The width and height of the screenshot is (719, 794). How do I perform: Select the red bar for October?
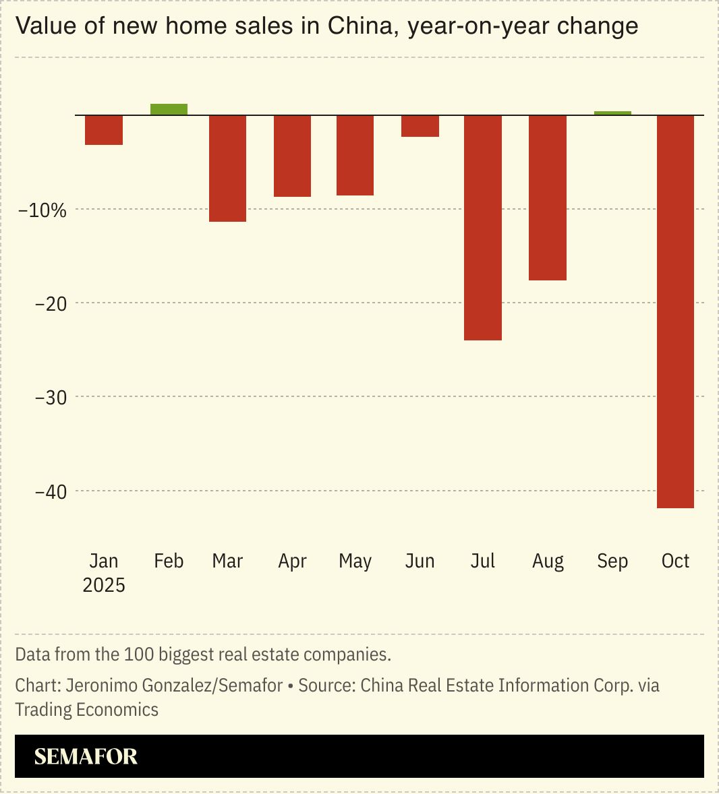click(x=675, y=311)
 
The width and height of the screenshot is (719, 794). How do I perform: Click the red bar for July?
click(x=483, y=228)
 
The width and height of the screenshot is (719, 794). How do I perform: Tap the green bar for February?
click(x=169, y=109)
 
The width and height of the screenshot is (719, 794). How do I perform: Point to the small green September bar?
click(x=612, y=113)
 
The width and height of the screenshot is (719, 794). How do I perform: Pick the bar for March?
click(x=227, y=169)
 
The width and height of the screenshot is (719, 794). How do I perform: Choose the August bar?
click(x=548, y=197)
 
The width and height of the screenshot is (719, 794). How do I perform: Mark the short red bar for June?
click(x=420, y=126)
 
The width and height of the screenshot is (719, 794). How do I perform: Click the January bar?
click(x=104, y=130)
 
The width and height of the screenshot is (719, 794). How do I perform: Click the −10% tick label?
click(x=42, y=210)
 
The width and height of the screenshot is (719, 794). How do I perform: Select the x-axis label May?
click(x=355, y=561)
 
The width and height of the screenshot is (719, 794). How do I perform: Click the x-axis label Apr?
click(x=292, y=561)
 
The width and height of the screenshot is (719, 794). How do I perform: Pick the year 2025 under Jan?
click(x=104, y=585)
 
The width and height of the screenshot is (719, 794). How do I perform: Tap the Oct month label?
click(x=675, y=561)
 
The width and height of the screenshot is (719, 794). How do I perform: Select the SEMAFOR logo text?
click(x=86, y=756)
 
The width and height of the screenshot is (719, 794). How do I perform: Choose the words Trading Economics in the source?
click(x=87, y=710)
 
